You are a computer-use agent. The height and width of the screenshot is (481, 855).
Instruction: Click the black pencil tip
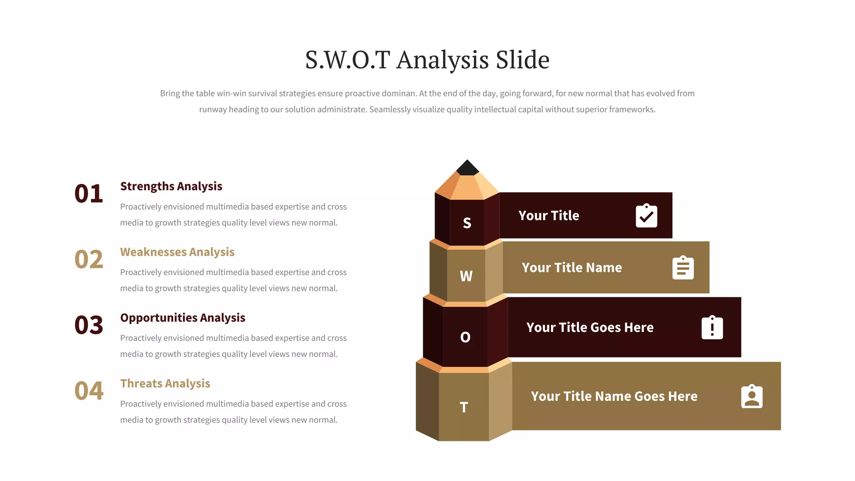coord(468,168)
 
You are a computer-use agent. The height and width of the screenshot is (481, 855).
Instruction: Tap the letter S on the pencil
coord(467,223)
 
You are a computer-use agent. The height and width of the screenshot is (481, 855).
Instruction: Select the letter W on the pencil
coord(466,276)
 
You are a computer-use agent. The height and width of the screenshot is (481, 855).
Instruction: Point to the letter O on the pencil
coord(465,337)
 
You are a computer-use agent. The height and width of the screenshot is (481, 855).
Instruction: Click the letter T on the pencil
coord(464,407)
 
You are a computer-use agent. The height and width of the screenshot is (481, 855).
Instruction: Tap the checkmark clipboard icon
coord(646,216)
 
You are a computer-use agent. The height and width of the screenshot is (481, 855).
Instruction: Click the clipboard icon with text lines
coord(683,268)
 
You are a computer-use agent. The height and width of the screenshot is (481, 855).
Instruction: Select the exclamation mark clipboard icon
coord(712,327)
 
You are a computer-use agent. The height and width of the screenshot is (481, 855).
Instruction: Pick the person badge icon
coord(752,396)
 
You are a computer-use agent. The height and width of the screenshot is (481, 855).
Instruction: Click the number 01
coord(89,194)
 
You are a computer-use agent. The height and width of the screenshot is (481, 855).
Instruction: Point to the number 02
coord(89,259)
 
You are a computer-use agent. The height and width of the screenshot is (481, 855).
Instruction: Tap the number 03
coord(89,325)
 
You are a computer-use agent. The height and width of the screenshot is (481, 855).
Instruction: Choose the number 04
coord(89,391)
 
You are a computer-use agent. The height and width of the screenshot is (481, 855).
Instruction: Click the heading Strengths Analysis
coord(171,186)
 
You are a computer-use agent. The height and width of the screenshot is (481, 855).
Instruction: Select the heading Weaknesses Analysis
coord(177,252)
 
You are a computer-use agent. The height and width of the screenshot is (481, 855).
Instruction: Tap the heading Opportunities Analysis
coord(183,318)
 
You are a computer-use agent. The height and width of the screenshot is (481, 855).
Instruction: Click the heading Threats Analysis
coord(165,383)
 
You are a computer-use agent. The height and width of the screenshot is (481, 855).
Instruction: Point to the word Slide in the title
coord(522,60)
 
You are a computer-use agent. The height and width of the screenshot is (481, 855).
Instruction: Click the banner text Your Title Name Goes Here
coord(614,396)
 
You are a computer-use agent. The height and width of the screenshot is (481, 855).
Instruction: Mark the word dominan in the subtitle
coord(399,94)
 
